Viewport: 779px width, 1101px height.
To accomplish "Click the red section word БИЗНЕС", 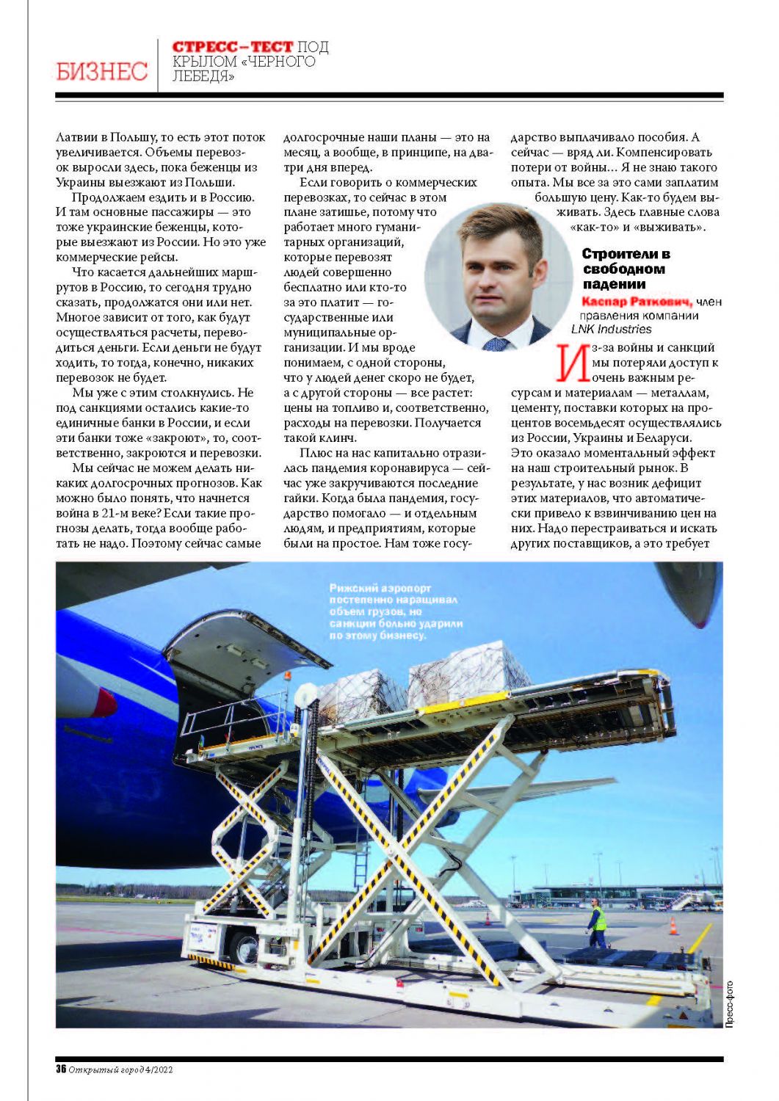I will point(101,71).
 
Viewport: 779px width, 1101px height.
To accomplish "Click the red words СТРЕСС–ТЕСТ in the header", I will point(232,47).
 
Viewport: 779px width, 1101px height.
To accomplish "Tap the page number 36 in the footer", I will point(61,1069).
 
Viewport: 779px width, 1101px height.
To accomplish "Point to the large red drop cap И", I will point(572,363).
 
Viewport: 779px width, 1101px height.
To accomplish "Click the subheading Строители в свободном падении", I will point(625,269).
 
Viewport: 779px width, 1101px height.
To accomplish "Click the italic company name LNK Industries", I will point(611,329).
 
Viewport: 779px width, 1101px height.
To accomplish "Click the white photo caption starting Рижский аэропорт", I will point(395,611).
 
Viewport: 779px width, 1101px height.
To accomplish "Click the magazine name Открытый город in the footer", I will point(101,1069).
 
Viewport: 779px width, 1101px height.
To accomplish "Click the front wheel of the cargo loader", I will point(242,949).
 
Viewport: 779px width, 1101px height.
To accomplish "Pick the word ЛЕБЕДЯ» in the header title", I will point(203,76).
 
